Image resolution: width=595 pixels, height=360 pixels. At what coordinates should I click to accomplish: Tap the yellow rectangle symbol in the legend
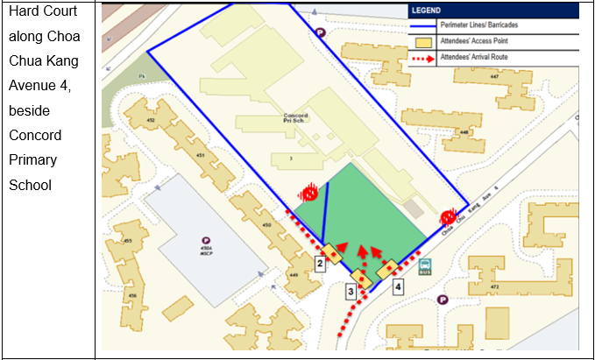click(x=422, y=41)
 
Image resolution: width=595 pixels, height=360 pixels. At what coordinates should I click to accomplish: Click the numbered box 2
click(x=321, y=262)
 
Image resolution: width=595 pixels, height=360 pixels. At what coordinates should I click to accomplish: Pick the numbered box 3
click(x=351, y=291)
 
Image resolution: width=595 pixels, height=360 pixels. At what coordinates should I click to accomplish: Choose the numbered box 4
click(x=398, y=286)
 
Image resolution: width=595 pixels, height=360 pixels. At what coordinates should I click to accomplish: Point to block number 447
click(x=495, y=77)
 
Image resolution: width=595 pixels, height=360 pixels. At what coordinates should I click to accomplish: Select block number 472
click(x=494, y=286)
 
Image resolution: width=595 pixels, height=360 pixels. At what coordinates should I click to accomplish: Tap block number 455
click(x=127, y=240)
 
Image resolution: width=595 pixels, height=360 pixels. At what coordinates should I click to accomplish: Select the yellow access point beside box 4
click(x=388, y=269)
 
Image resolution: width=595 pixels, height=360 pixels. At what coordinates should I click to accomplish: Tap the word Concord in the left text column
click(x=33, y=136)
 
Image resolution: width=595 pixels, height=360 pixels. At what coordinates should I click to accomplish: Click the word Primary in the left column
click(x=33, y=160)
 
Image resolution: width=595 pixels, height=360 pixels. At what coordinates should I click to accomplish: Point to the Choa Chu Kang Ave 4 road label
click(x=477, y=210)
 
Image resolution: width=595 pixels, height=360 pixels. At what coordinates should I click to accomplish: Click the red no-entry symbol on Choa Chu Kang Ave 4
click(x=449, y=215)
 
